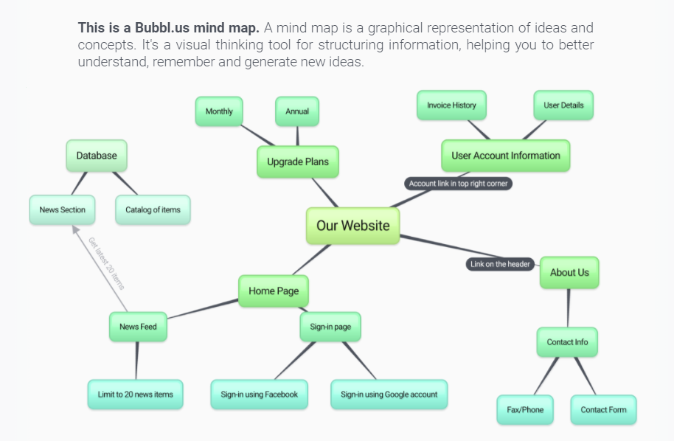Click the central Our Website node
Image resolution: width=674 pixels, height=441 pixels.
click(352, 226)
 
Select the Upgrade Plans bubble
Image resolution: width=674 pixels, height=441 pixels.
click(297, 162)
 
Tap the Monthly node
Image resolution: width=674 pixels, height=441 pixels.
click(219, 111)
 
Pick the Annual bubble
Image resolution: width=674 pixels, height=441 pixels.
click(297, 111)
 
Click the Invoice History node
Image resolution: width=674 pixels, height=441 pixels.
click(451, 105)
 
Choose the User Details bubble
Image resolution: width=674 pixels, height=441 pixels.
click(563, 105)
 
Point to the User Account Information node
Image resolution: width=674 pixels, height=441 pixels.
click(505, 156)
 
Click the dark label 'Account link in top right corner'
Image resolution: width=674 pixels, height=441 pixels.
click(458, 184)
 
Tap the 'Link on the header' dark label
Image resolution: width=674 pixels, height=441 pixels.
click(501, 264)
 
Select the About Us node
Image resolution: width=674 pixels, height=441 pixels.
click(569, 272)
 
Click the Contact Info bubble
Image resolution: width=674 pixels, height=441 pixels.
click(567, 342)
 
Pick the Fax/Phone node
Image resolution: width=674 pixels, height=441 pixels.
click(525, 410)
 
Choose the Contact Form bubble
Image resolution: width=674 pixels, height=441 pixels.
click(603, 410)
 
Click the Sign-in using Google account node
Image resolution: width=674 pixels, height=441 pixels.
click(389, 395)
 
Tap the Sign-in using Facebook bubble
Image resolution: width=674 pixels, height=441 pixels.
click(259, 395)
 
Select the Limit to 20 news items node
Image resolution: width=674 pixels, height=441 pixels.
click(135, 395)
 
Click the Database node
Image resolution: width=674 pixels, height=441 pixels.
click(97, 156)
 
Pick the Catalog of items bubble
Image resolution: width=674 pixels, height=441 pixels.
click(153, 210)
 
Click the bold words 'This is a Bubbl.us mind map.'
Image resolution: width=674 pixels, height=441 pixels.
click(168, 29)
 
